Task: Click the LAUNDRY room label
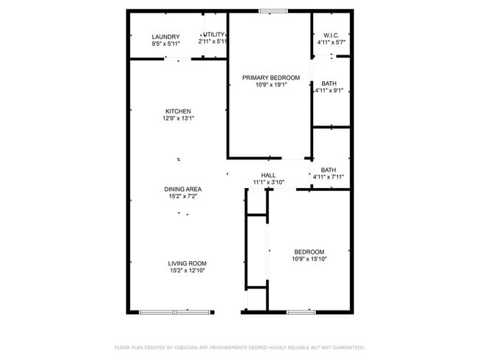coord(165,37)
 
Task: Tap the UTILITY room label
coord(213,35)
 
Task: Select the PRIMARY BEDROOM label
coord(272,77)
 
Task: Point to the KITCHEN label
coord(177,111)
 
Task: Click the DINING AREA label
coord(182,189)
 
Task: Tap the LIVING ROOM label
coord(187,263)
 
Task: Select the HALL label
coord(268,175)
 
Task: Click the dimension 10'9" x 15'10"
coord(309,259)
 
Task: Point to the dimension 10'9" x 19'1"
coord(271,85)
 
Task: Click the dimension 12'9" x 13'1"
coord(177,119)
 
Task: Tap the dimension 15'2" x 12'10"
coord(187,271)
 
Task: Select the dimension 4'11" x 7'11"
coord(329,177)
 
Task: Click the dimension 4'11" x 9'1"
coord(329,91)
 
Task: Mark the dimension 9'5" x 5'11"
coord(165,44)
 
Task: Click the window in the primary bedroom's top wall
coord(273,11)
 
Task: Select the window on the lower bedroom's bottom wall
coord(301,312)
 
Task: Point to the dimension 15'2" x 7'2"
coord(182,196)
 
